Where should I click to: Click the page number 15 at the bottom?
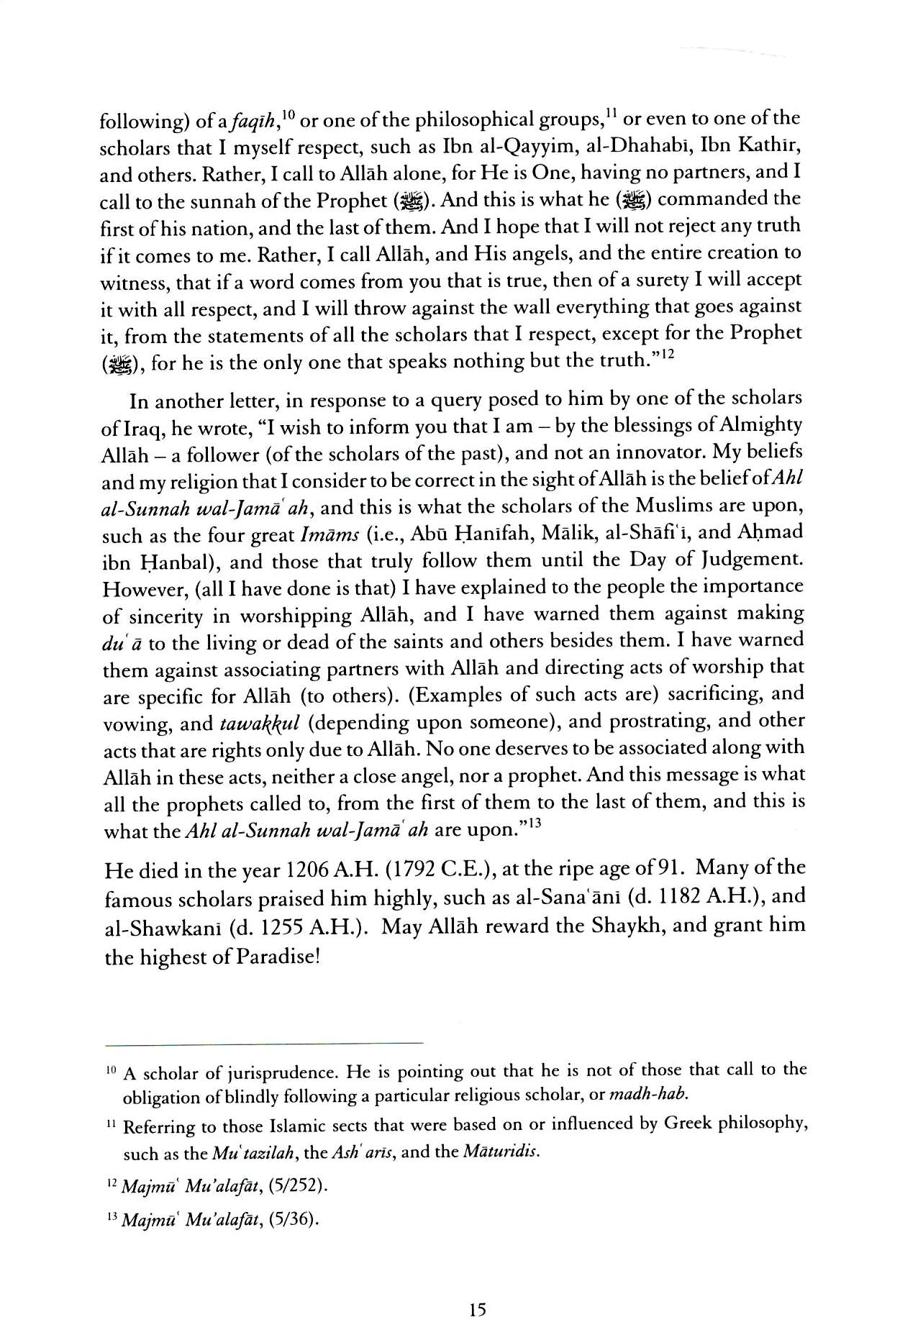point(478,1289)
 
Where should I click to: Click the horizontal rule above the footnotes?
point(263,1044)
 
